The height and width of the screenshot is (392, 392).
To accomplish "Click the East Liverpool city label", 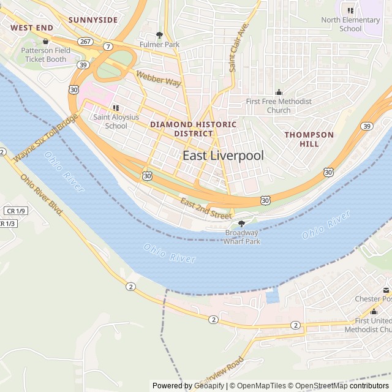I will point(223,156).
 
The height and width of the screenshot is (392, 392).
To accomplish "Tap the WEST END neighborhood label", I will point(32,28).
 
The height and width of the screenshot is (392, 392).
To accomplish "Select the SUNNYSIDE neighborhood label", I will point(92,20).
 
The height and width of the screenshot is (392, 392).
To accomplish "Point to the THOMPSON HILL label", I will point(309,139).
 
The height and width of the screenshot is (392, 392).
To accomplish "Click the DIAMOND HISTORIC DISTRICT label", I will point(193,129).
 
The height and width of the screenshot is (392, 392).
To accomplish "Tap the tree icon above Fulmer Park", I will point(160,36).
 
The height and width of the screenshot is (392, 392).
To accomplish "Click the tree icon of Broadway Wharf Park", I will point(242,224).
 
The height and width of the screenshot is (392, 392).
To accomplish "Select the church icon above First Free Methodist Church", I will point(279,92).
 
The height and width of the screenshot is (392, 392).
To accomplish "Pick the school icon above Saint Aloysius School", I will point(116,108).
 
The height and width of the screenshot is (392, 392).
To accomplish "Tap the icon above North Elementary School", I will point(350,10).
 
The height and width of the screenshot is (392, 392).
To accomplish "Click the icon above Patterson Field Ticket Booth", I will point(45,41).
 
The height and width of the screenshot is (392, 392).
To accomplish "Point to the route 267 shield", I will point(85,41).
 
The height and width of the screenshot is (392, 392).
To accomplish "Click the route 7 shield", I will point(108,47).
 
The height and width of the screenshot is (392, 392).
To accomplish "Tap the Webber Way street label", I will point(159,78).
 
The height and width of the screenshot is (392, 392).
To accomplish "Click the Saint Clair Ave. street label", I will point(239,48).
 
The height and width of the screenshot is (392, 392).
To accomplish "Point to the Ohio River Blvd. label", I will point(42,195).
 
